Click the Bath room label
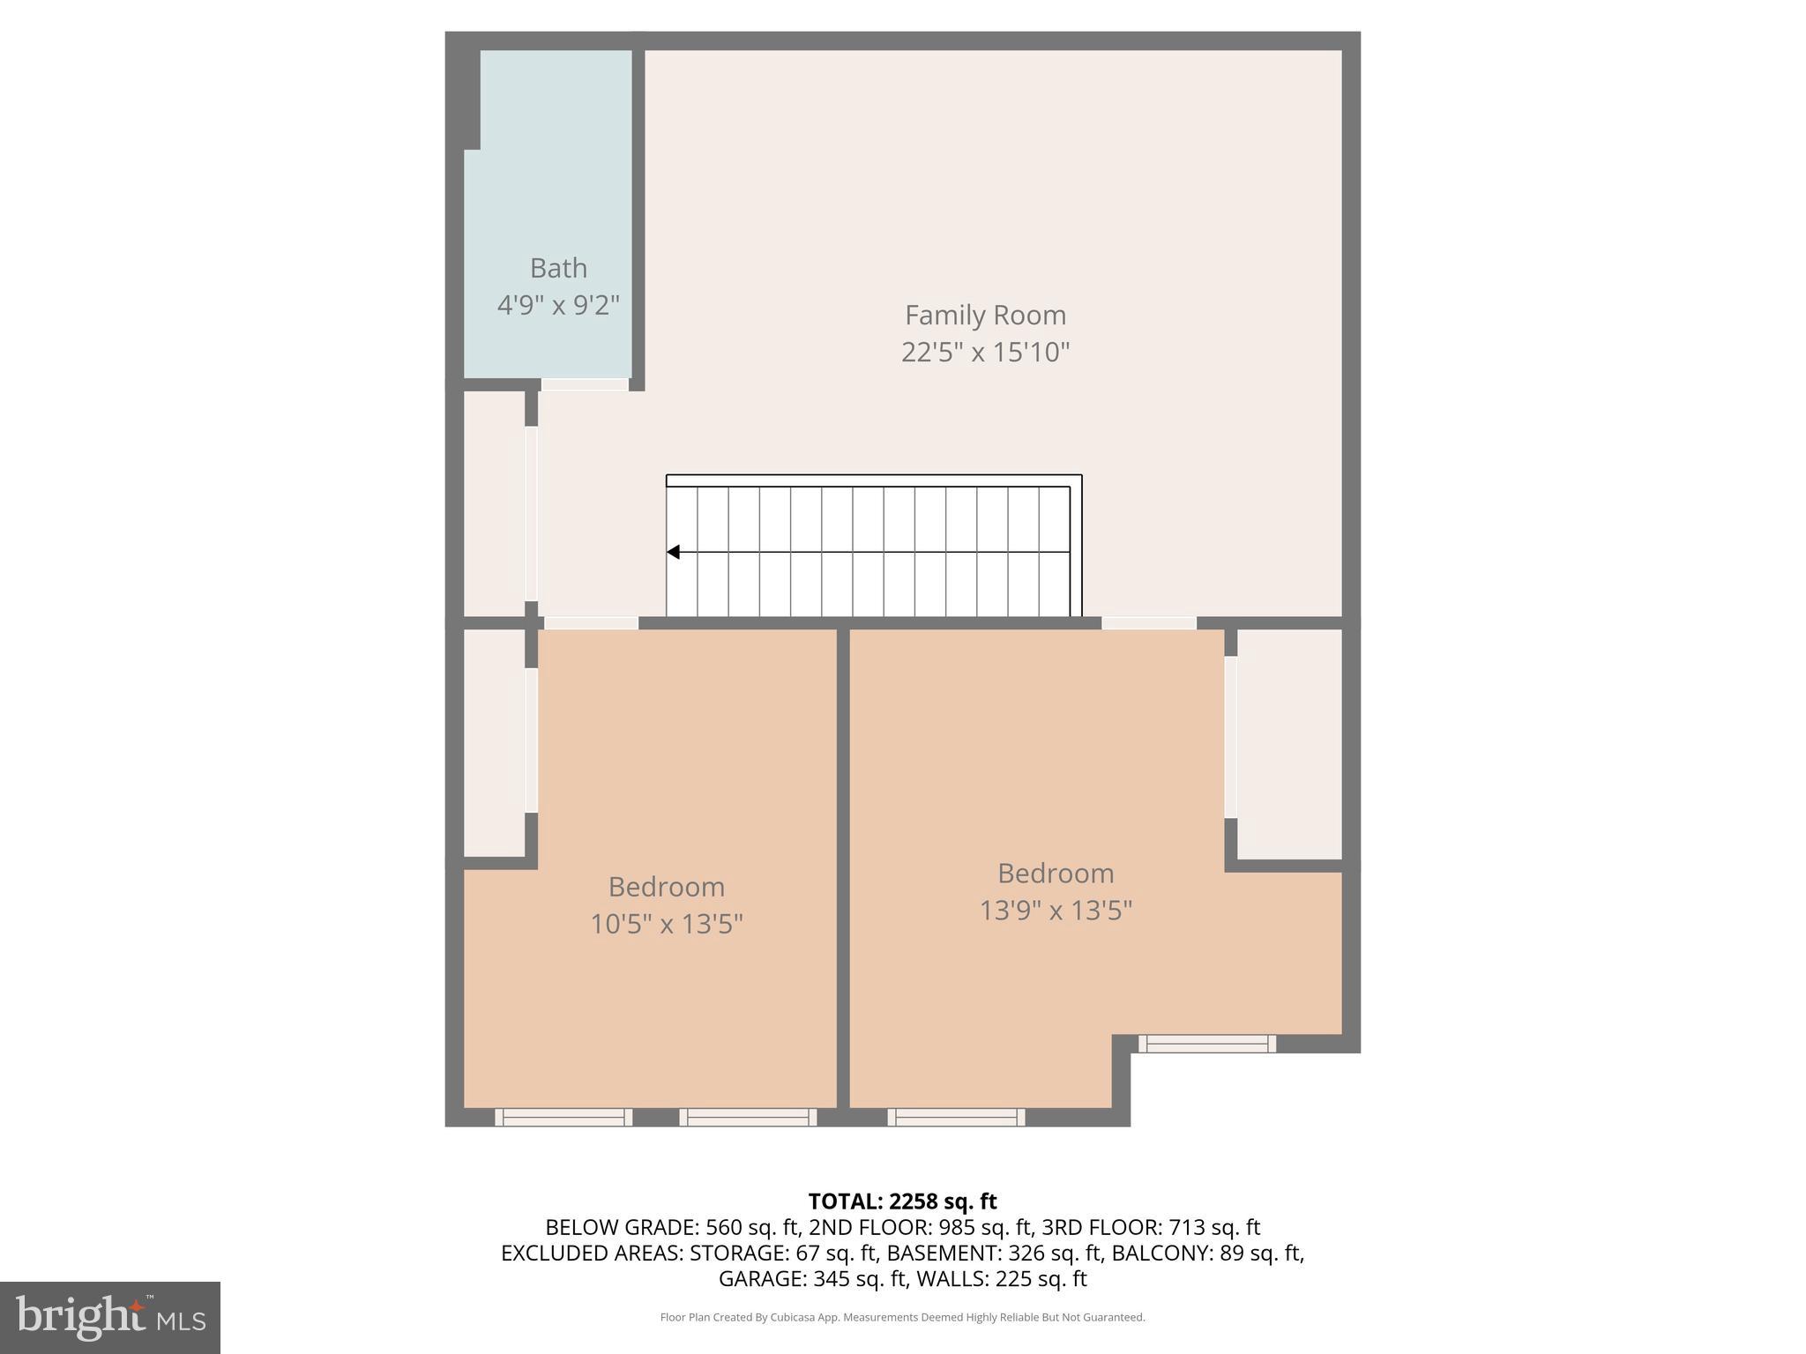(x=558, y=268)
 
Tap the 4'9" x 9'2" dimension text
(x=558, y=306)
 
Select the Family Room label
(x=985, y=315)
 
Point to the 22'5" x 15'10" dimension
(x=985, y=353)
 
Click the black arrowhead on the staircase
(x=674, y=553)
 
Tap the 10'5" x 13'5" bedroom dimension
(x=666, y=924)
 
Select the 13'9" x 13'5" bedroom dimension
(x=1056, y=910)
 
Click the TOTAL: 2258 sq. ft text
(x=902, y=1201)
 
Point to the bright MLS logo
(x=110, y=1318)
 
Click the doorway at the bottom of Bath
(x=585, y=384)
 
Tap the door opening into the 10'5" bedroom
(x=591, y=623)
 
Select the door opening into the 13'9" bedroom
(x=1148, y=623)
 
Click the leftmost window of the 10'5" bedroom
(x=563, y=1117)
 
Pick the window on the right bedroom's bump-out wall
(x=1206, y=1044)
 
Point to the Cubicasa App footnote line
(x=902, y=1318)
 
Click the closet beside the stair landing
(x=494, y=504)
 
